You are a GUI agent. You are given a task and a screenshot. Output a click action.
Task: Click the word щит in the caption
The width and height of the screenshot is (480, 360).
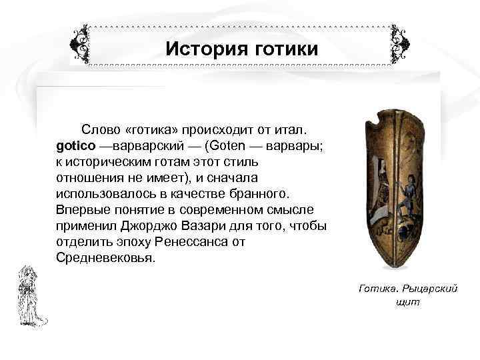407,301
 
